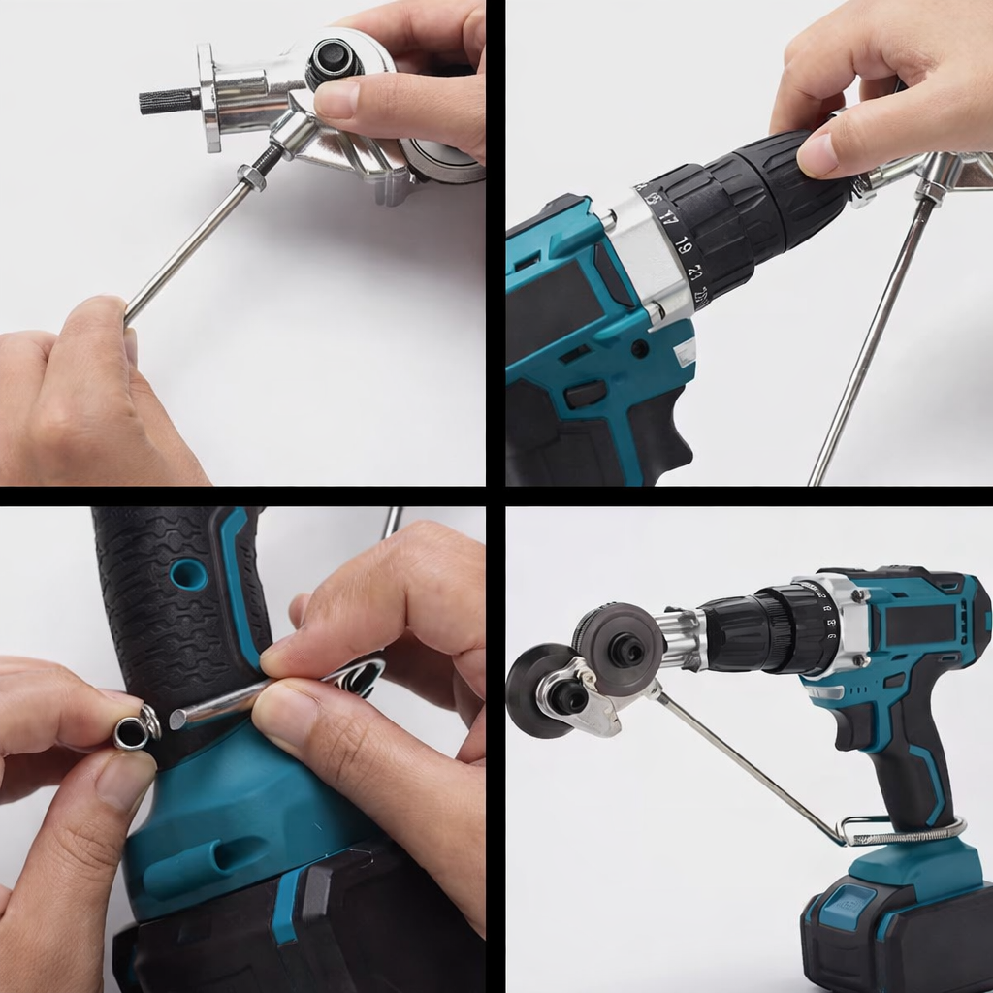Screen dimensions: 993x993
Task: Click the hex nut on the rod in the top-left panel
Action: click(251, 177)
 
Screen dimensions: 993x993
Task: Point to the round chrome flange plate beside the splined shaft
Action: click(208, 97)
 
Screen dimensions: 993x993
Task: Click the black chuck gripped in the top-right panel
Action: click(776, 194)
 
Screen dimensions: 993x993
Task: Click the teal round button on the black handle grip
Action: click(189, 574)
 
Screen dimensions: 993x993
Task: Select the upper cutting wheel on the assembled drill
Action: click(618, 638)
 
